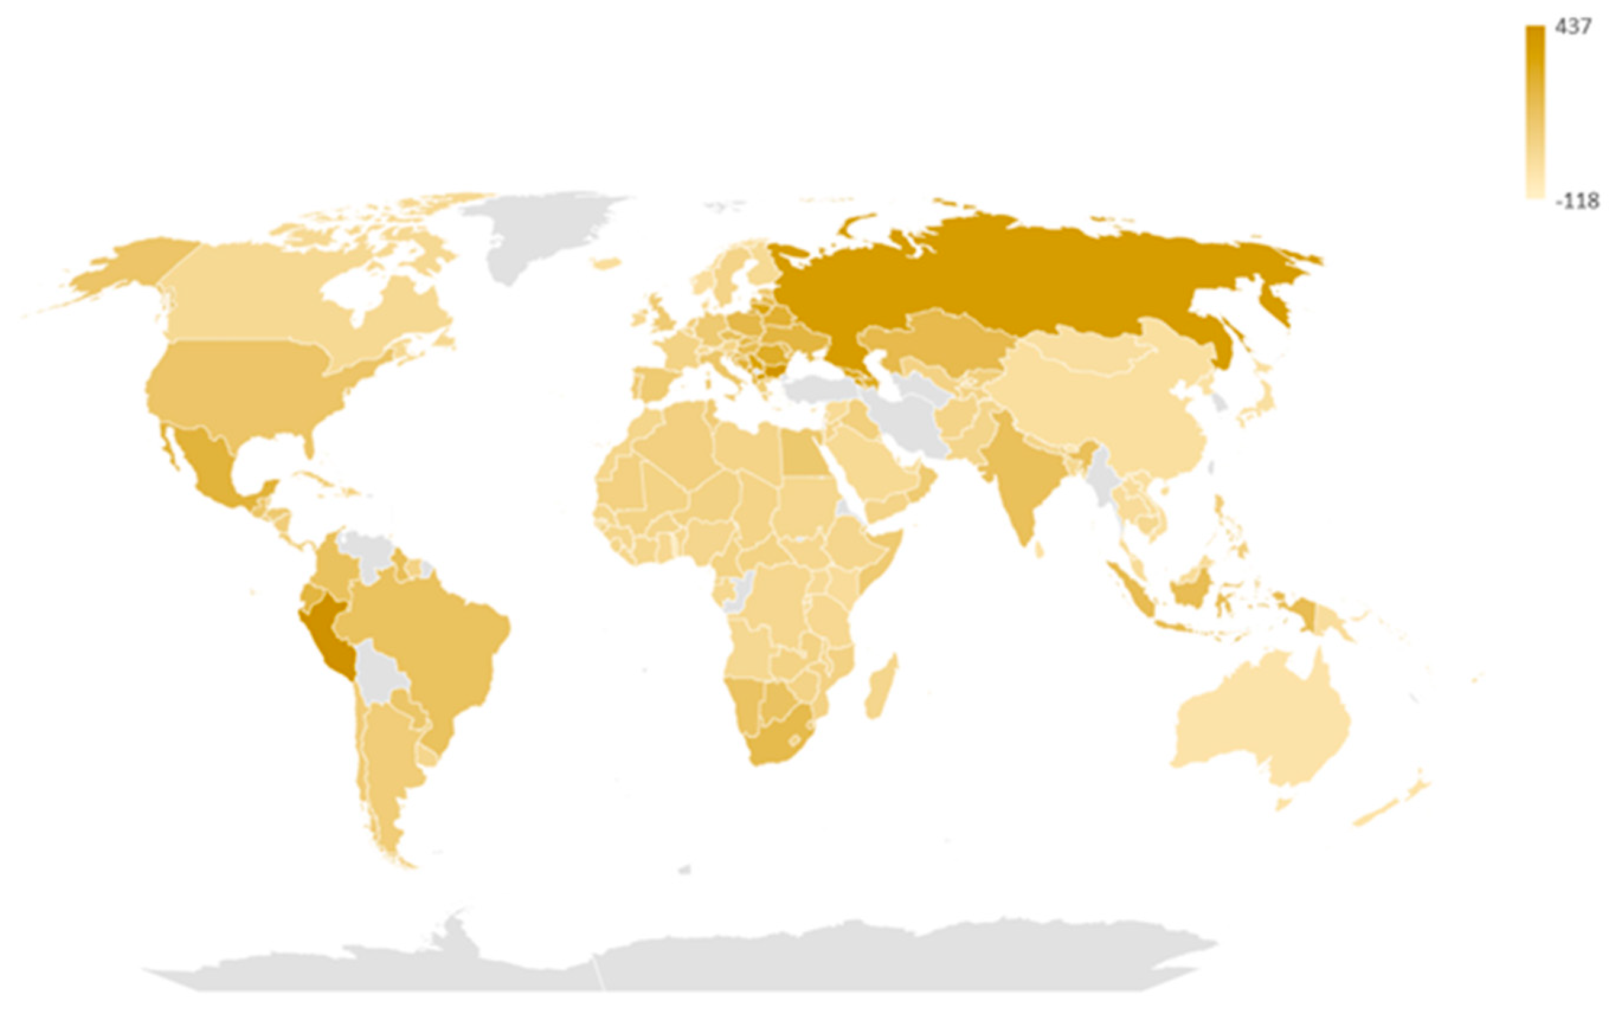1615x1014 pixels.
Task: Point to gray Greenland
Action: [536, 235]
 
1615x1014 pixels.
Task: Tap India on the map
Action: [1013, 476]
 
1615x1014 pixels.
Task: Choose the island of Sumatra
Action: [1134, 590]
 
